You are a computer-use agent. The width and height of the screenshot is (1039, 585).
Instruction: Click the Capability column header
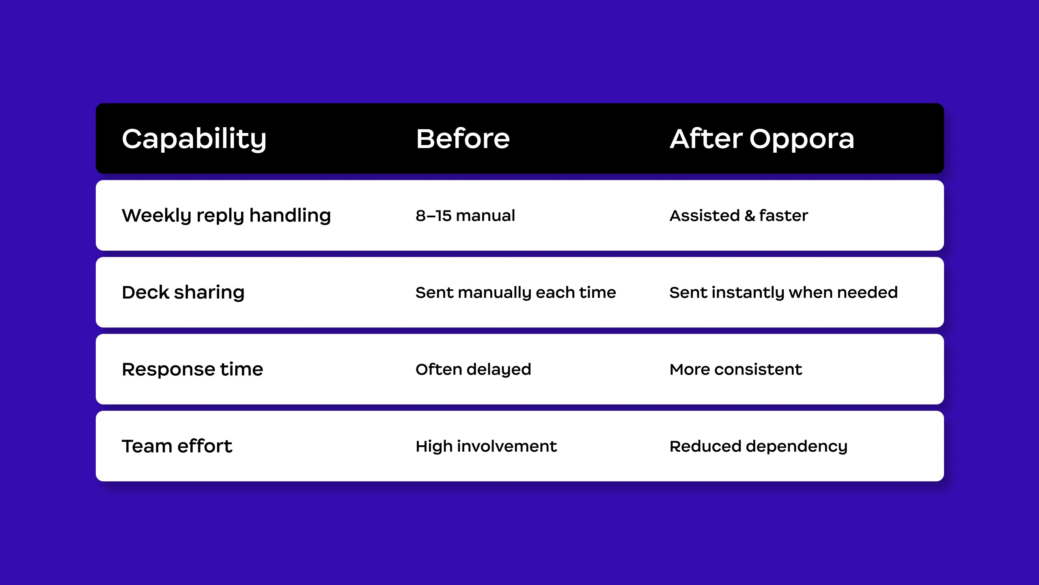click(x=194, y=139)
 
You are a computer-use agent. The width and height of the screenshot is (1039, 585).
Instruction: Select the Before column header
click(x=463, y=139)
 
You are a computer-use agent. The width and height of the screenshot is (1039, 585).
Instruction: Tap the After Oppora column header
click(x=762, y=139)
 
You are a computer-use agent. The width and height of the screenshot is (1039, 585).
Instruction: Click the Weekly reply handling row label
click(x=226, y=216)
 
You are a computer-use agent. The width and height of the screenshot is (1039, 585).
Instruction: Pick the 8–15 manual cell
click(x=465, y=216)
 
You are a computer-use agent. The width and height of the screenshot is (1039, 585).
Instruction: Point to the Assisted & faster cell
click(x=739, y=216)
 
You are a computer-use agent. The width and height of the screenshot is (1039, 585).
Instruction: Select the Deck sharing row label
click(x=183, y=292)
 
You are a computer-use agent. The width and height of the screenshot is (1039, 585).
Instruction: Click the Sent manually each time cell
click(x=516, y=292)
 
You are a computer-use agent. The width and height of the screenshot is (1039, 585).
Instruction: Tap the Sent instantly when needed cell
click(x=783, y=292)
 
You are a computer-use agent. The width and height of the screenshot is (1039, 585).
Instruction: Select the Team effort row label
click(x=177, y=446)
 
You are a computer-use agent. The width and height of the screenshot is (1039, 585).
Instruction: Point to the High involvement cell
click(x=486, y=446)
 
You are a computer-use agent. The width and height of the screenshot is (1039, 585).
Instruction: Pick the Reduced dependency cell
click(x=759, y=446)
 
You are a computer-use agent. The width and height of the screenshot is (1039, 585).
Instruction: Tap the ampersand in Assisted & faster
click(x=750, y=216)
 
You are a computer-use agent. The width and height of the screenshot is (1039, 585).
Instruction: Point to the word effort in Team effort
click(x=205, y=446)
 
